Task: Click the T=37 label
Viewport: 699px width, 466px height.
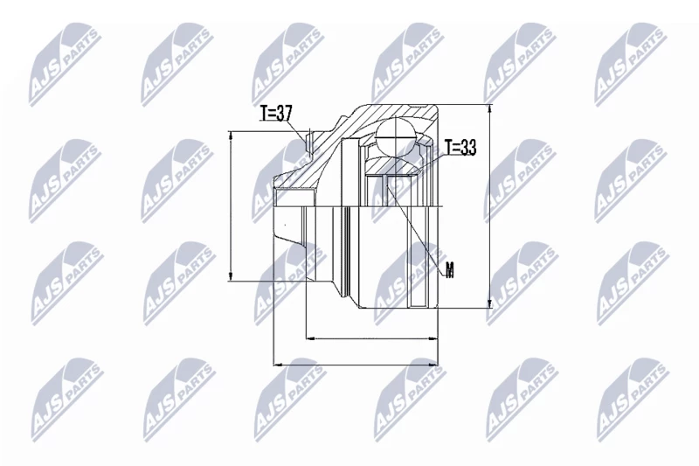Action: click(275, 114)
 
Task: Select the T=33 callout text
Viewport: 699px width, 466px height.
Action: click(460, 147)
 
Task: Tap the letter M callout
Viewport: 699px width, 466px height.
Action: click(450, 270)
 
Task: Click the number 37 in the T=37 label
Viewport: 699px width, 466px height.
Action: click(283, 114)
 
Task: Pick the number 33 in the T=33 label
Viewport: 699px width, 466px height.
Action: click(468, 147)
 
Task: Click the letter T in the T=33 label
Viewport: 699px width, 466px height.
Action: click(448, 147)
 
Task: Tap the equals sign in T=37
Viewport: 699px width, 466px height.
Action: click(272, 115)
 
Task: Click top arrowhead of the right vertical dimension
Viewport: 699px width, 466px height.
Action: click(490, 109)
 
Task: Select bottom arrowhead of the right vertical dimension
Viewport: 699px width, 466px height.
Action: click(490, 303)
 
